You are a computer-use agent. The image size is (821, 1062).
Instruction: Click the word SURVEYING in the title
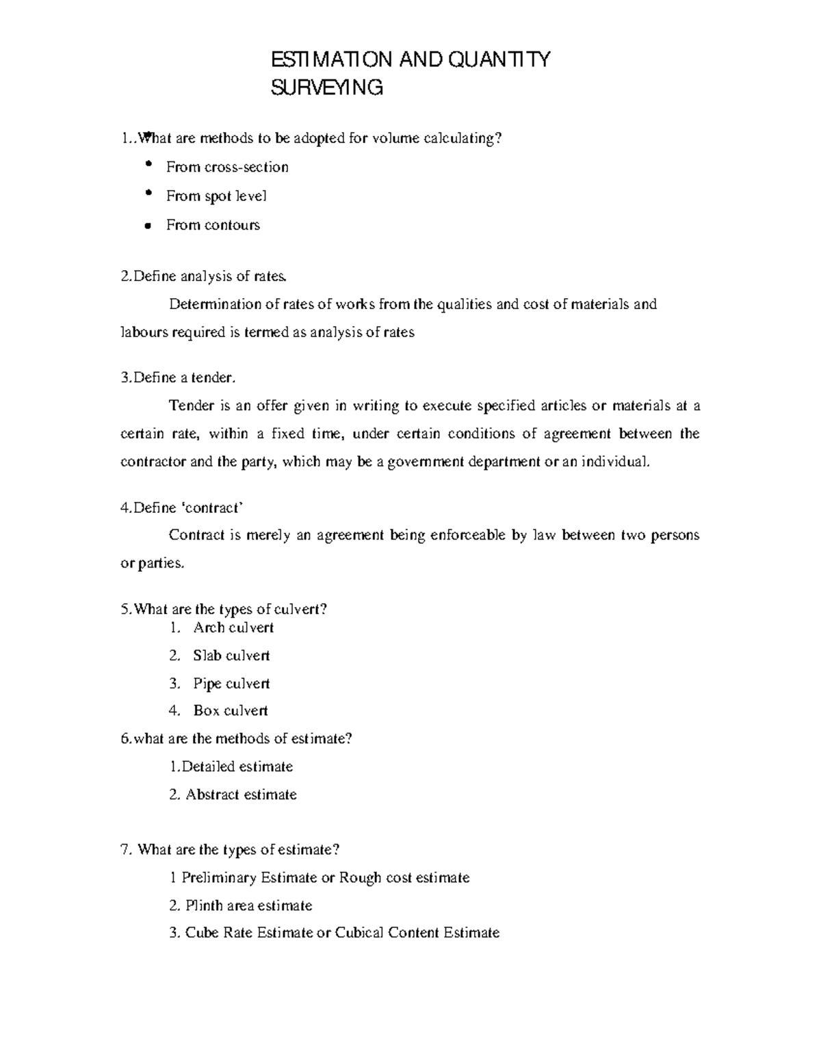[327, 88]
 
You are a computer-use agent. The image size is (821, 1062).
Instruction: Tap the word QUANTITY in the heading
[499, 60]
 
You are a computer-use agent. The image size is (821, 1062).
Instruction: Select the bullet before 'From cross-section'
[148, 165]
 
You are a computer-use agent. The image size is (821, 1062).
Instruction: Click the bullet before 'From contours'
[147, 226]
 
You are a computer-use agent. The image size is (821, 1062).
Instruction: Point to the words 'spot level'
[233, 196]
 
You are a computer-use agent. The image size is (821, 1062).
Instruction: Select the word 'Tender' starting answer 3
[191, 406]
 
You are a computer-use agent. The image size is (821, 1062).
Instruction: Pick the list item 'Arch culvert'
[233, 628]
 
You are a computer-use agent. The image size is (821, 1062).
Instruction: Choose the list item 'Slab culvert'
[231, 656]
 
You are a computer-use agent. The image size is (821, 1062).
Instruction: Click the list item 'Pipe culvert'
[231, 684]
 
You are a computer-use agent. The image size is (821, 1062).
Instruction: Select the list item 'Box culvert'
[231, 711]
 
